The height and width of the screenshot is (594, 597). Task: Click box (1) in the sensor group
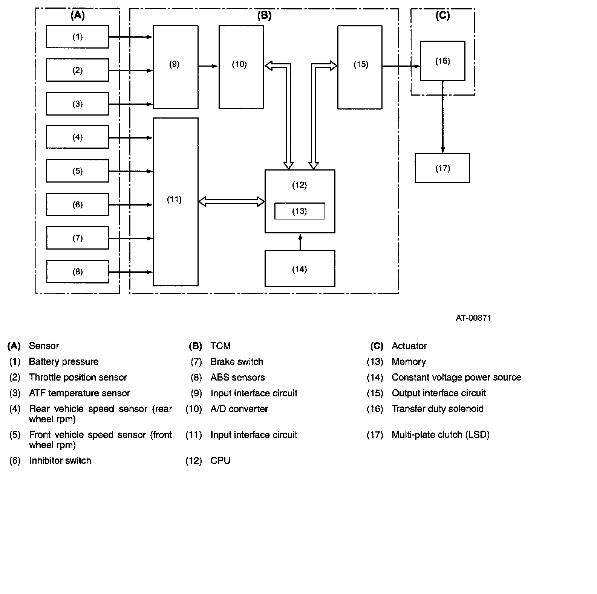tap(77, 37)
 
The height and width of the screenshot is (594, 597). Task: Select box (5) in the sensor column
tap(77, 171)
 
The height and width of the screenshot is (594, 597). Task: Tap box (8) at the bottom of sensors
tap(77, 271)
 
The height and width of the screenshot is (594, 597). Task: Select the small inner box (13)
tap(300, 211)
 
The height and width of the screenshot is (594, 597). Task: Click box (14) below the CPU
tap(300, 269)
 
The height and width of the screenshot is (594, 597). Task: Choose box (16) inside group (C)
tap(442, 61)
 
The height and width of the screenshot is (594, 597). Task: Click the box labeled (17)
tap(442, 168)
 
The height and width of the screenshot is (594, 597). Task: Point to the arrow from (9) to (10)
tap(208, 66)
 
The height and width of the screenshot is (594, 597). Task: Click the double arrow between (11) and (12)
tap(231, 202)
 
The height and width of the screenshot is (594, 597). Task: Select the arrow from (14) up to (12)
tap(300, 242)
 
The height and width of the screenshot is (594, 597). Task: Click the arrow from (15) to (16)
tap(401, 66)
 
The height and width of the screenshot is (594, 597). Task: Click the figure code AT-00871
tap(473, 318)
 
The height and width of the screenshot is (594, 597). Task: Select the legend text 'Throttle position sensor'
tap(78, 377)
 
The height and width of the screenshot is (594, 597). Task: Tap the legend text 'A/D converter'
tap(239, 409)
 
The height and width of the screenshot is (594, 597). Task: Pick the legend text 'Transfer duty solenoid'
tap(438, 409)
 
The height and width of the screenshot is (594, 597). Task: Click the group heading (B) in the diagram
tap(264, 15)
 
